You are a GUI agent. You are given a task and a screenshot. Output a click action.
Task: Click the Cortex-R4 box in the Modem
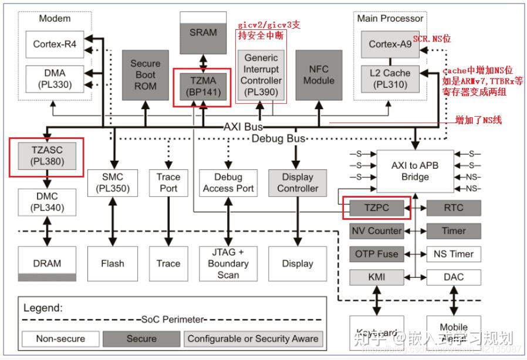coord(55,44)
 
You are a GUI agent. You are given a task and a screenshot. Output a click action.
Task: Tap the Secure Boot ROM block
coord(145,74)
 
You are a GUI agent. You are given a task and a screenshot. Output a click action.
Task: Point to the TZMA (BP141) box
coord(202,86)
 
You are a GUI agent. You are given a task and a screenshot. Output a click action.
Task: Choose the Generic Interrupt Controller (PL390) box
coord(261,75)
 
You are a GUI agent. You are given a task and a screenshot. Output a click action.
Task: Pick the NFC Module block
coord(319,74)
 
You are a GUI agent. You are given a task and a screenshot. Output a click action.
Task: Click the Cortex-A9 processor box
coord(390,44)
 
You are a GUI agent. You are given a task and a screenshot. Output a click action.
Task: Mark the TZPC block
coord(376,208)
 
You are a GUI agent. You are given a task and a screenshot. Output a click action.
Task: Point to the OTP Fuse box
coord(376,254)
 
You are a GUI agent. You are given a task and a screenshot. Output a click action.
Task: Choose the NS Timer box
coord(454,254)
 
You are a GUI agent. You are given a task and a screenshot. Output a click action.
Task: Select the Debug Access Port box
coord(228,182)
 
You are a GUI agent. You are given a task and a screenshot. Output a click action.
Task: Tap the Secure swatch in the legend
coord(141,338)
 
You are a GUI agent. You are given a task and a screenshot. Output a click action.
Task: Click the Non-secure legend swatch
coord(60,338)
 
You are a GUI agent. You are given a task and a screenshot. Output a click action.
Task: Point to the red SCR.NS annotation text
coord(431,39)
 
